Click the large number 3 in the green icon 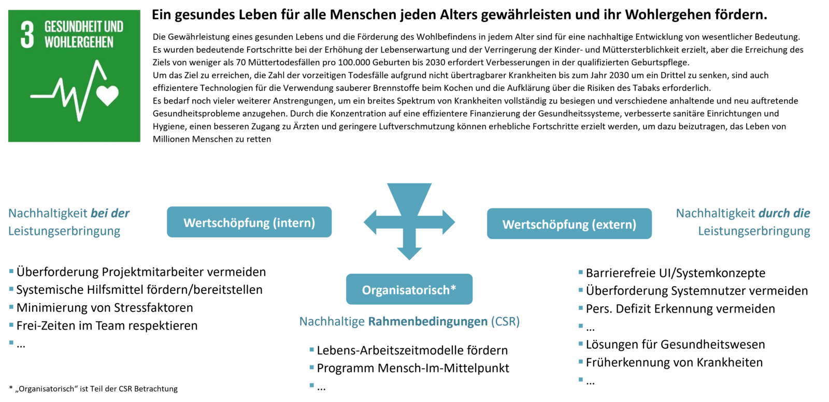tap(27, 35)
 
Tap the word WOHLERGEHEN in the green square tap(79, 42)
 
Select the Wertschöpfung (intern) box tap(249, 222)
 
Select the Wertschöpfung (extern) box tap(569, 224)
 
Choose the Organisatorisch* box tap(409, 289)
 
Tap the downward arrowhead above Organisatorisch tap(409, 253)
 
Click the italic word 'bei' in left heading tap(98, 213)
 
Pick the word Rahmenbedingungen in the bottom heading tap(427, 321)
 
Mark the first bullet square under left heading tap(11, 271)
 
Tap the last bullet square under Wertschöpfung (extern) tap(580, 379)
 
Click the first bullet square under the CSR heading tap(311, 350)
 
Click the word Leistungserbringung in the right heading tap(754, 231)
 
